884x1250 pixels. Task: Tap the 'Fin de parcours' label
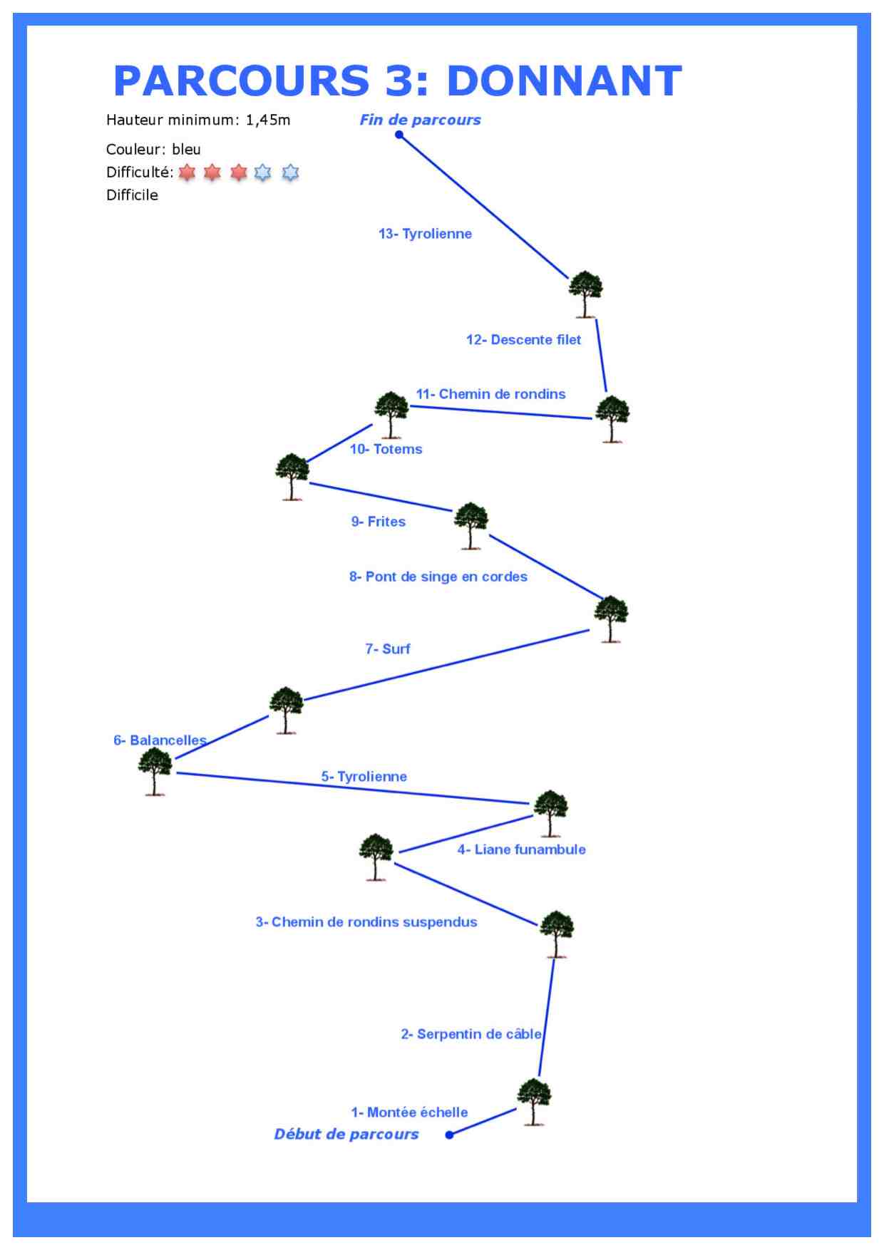tap(420, 120)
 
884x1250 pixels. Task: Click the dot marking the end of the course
tap(399, 135)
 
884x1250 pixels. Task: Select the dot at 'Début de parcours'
tap(449, 1135)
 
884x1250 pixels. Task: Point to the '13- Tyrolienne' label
tap(425, 234)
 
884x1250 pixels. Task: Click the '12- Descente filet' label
tap(523, 340)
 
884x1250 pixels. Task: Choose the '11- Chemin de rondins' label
tap(490, 394)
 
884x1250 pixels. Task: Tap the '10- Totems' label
tap(386, 449)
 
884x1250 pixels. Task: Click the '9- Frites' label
tap(378, 522)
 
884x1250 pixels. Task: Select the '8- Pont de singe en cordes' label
tap(438, 577)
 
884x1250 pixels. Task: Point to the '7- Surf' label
tap(388, 649)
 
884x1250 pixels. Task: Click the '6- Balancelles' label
tap(160, 740)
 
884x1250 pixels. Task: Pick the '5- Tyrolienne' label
tap(364, 776)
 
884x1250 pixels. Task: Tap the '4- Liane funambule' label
tap(521, 849)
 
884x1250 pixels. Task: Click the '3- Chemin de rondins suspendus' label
tap(366, 922)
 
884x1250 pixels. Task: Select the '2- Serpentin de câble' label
tap(471, 1034)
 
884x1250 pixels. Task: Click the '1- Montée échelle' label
tap(409, 1112)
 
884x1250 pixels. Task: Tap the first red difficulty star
tap(187, 172)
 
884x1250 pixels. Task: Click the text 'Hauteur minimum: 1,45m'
tap(198, 120)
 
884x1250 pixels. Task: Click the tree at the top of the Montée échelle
tap(534, 1102)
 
